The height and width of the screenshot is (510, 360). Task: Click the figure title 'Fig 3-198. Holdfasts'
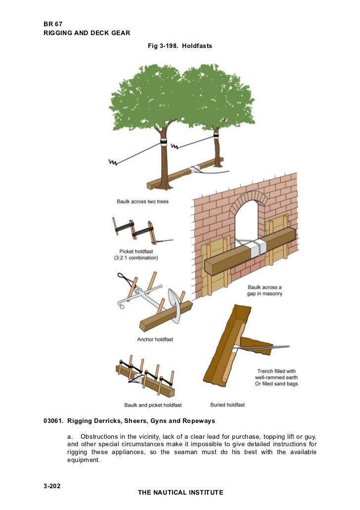pos(180,46)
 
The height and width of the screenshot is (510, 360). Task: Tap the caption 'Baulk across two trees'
pos(142,201)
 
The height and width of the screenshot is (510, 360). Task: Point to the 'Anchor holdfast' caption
pos(155,339)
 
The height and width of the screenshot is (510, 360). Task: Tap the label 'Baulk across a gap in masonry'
pos(265,291)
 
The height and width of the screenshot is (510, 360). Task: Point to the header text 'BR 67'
pos(52,23)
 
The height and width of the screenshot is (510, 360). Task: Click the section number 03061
pos(53,421)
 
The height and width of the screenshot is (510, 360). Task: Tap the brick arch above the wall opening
pos(250,196)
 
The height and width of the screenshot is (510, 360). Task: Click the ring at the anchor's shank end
pos(121,307)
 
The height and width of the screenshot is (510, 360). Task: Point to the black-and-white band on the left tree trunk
pos(163,142)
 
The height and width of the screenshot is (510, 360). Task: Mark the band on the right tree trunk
pos(216,134)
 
